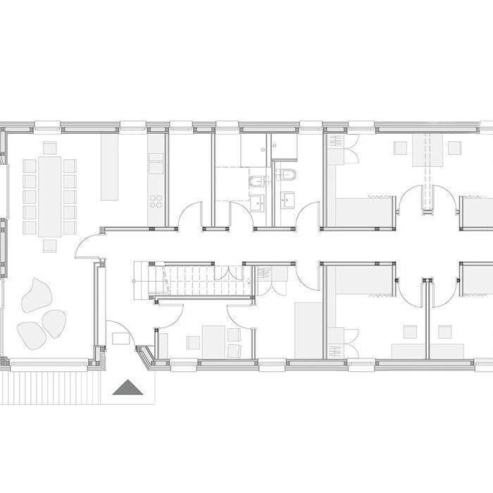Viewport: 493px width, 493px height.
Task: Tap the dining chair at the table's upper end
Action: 49,148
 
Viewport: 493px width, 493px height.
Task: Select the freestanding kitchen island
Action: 108,168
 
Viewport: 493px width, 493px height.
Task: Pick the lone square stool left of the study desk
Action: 193,343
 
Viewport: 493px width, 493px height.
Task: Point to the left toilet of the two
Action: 255,185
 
